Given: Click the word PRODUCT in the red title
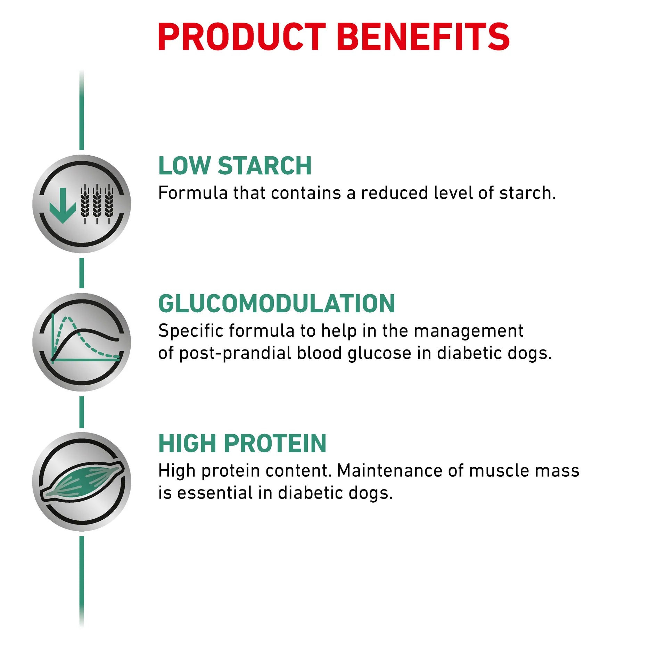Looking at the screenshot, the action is click(242, 36).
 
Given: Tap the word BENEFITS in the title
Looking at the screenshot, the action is click(423, 36).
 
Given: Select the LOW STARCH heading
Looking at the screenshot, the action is click(235, 166).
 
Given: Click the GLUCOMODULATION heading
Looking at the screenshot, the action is click(277, 304).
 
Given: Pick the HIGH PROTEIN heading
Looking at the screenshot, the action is click(242, 444).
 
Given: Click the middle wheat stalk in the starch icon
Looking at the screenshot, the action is click(97, 204).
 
